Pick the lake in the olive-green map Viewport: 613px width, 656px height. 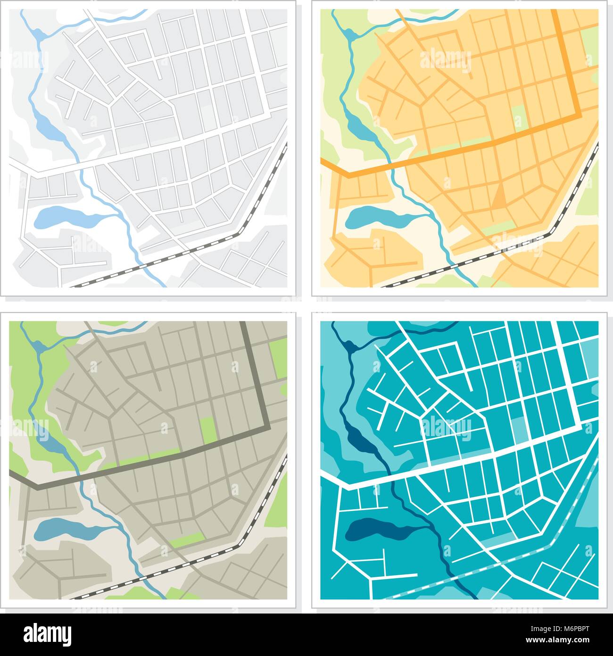click(61, 530)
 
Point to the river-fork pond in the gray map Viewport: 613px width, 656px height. click(38, 34)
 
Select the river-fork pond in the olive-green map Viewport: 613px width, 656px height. click(38, 346)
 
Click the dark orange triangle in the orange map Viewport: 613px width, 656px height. click(498, 197)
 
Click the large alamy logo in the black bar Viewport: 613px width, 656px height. click(48, 632)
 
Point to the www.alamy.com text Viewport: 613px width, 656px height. click(562, 640)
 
